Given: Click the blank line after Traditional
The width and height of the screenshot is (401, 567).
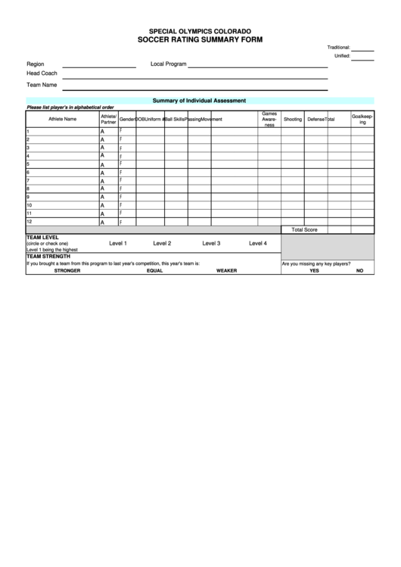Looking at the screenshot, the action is click(x=363, y=48).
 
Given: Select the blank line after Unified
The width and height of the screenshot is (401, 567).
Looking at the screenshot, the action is click(x=363, y=58).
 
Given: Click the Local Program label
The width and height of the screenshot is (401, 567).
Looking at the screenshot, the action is click(x=169, y=64).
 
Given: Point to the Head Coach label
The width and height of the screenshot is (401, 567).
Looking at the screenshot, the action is click(x=42, y=73).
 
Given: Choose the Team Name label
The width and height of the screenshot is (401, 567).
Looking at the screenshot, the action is click(x=42, y=85).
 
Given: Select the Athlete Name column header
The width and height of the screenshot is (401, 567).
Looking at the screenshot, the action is click(x=63, y=119).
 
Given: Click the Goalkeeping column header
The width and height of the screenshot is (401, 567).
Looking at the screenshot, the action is click(x=362, y=119).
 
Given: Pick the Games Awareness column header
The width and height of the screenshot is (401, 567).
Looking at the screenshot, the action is click(x=269, y=119).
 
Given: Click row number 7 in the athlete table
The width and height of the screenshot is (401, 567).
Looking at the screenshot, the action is click(x=28, y=181).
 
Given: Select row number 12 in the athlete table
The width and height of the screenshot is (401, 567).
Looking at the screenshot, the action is click(x=30, y=222).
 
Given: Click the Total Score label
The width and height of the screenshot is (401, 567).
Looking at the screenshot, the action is click(x=304, y=229).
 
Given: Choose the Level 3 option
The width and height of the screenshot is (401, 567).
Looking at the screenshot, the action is click(x=211, y=244).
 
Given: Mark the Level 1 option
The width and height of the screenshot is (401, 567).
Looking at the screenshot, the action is click(x=118, y=244).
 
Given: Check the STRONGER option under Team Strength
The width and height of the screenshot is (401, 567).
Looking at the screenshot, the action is click(x=67, y=270).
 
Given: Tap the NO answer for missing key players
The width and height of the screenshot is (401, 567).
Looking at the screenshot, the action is click(x=359, y=270).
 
